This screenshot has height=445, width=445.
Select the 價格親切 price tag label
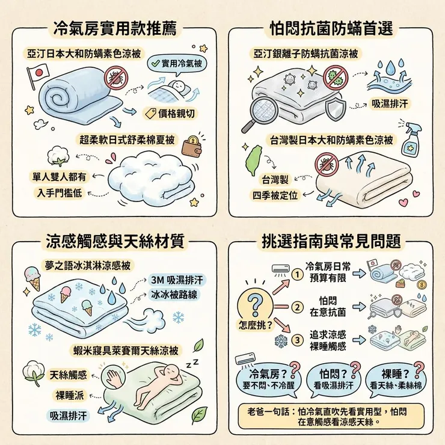[x=171, y=112]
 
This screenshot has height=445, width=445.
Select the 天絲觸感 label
[x=67, y=375]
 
